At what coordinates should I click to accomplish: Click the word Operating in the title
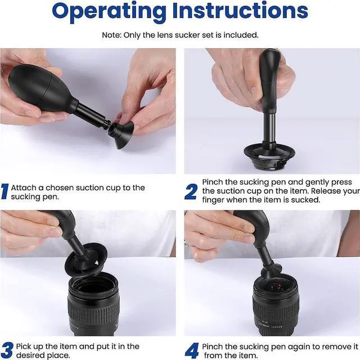pos(109,12)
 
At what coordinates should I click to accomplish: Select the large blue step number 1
pos(4,191)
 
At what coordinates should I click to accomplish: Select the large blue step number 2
pos(191,191)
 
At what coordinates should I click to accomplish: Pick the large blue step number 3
pos(7,350)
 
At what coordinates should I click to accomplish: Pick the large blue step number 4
pos(192,350)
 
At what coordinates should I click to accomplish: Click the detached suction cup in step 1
pos(121,135)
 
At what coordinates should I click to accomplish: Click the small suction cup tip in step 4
pos(271,270)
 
